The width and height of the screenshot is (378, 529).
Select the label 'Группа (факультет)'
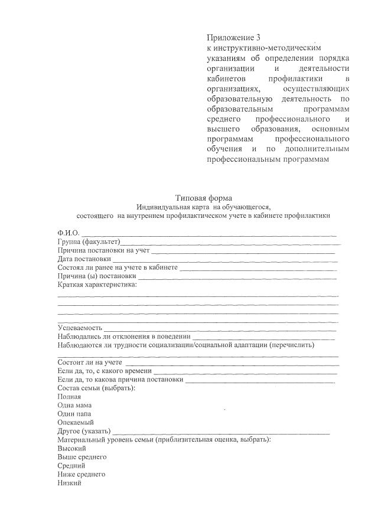[x=89, y=242]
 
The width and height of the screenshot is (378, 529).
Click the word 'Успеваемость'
[x=80, y=327]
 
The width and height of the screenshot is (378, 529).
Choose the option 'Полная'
[x=69, y=396]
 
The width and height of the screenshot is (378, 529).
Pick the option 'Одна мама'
[x=74, y=405]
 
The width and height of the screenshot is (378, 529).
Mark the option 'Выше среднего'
[x=82, y=457]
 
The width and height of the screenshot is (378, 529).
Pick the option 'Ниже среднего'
[x=82, y=474]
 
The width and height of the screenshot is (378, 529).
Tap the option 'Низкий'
[x=69, y=483]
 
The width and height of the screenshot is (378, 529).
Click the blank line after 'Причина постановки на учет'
[x=242, y=250]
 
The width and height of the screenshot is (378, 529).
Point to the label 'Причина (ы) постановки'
[x=97, y=276]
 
